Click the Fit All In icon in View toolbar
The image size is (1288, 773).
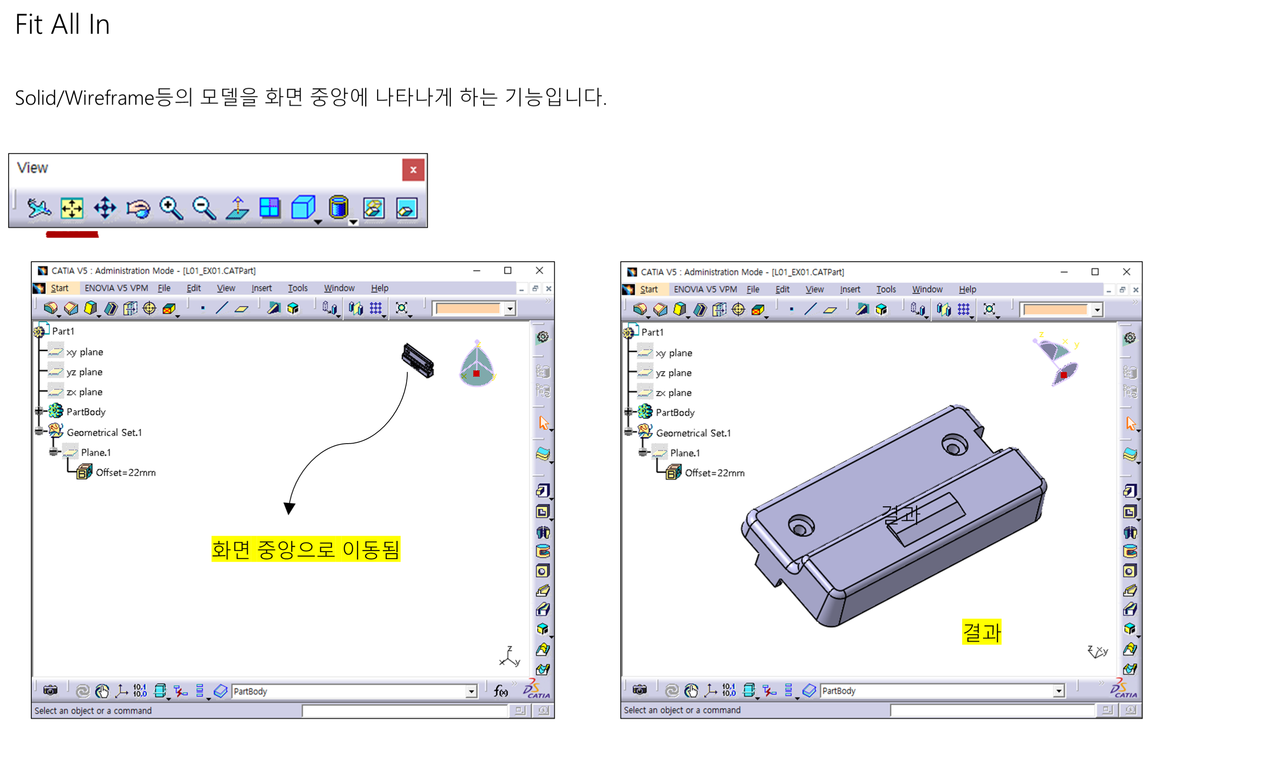(x=71, y=208)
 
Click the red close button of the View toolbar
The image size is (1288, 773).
(x=413, y=170)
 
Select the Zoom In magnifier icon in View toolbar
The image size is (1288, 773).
(x=171, y=208)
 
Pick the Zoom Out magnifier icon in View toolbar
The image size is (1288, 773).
(x=204, y=208)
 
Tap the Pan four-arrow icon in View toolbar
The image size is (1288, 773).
(x=105, y=208)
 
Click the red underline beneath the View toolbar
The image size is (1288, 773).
(x=73, y=235)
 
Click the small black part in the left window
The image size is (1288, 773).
(x=418, y=360)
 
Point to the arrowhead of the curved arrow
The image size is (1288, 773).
(x=289, y=508)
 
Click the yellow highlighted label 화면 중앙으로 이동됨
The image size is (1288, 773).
(x=305, y=549)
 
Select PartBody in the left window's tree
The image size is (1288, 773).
(x=86, y=411)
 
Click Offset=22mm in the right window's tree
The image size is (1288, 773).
(x=715, y=473)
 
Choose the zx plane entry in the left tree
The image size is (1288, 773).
(x=84, y=392)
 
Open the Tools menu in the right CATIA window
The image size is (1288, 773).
(x=886, y=289)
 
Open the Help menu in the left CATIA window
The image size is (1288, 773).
(x=380, y=288)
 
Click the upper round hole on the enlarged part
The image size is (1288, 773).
(x=955, y=444)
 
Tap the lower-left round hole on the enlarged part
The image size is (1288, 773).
(x=801, y=525)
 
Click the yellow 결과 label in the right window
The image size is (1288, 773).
(x=981, y=632)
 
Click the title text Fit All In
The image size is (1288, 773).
(x=63, y=24)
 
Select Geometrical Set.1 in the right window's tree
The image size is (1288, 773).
(x=693, y=433)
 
